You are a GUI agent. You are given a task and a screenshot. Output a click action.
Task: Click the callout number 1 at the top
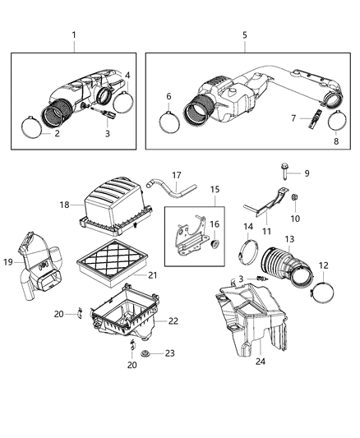pos(73,35)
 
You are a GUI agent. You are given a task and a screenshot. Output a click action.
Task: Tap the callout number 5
pos(245,35)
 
